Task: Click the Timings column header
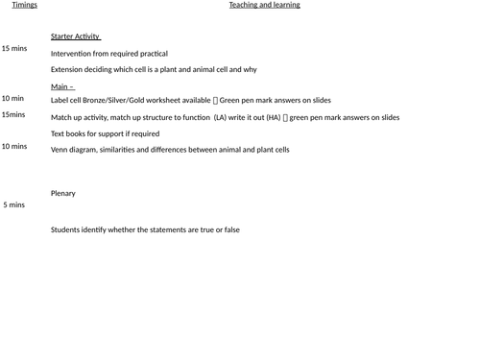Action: coord(25,5)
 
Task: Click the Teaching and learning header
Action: coord(264,5)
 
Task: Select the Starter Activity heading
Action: coord(76,37)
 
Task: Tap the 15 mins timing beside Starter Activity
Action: coord(14,48)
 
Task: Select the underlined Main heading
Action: coord(62,86)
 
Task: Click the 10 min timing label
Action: coord(13,98)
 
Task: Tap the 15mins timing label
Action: coord(14,115)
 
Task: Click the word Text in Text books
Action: coord(59,134)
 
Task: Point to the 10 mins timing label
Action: coord(14,147)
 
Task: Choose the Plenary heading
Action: coord(63,194)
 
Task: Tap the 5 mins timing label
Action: coord(14,204)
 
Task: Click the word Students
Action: coord(67,230)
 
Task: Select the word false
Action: coord(230,230)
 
